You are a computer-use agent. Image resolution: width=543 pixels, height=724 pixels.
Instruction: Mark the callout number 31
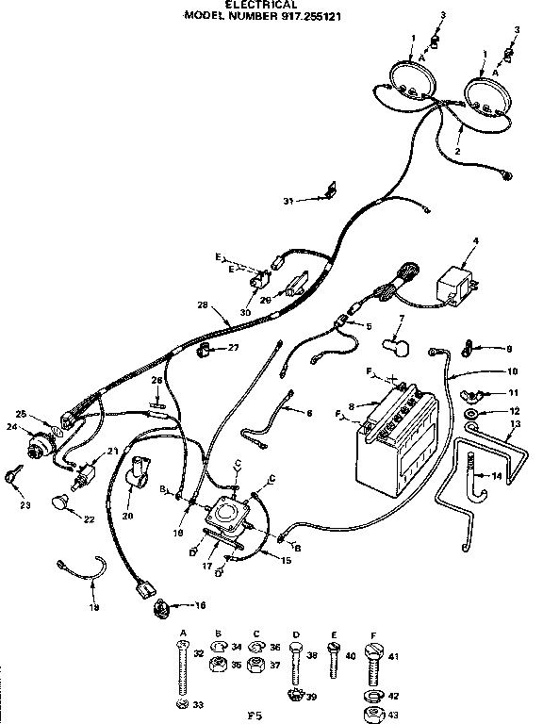[x=288, y=200]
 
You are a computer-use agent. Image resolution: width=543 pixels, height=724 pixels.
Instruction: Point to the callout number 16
[x=200, y=604]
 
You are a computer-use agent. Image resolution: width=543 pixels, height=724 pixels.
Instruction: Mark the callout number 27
[x=234, y=348]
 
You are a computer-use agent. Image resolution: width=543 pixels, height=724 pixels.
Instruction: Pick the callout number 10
[x=512, y=371]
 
